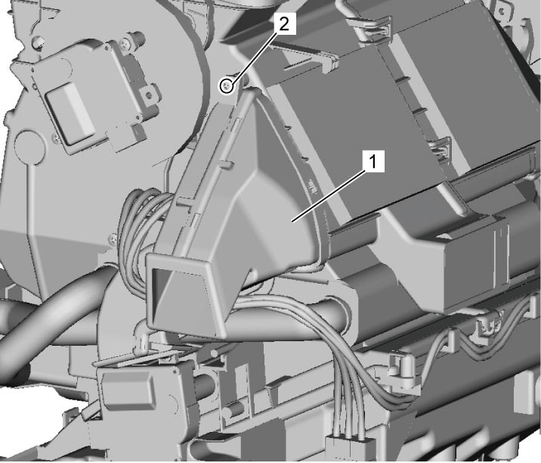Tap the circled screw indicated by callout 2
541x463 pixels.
(227, 85)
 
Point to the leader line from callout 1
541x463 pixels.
(328, 196)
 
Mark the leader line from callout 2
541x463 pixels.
(252, 58)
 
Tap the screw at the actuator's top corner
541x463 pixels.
(124, 44)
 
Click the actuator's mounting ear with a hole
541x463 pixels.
(150, 94)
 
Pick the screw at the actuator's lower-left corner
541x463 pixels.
(56, 138)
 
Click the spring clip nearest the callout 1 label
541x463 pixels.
(440, 149)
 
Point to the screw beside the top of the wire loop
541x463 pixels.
(113, 238)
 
